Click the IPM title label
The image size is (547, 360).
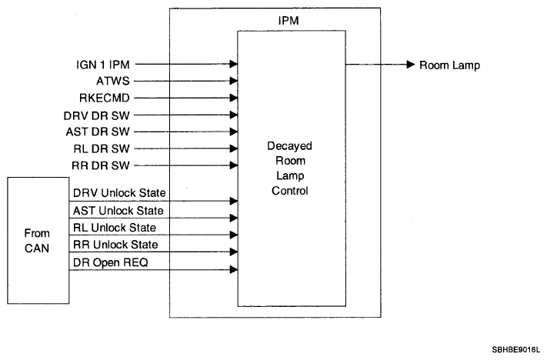tap(289, 21)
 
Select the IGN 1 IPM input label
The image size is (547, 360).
tap(103, 65)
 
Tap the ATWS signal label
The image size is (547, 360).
tap(112, 81)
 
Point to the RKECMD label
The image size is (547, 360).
tap(105, 98)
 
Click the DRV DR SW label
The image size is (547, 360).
tap(97, 115)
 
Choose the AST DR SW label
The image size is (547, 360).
tap(98, 132)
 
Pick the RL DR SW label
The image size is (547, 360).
tap(102, 149)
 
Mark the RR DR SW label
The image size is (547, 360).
tap(101, 165)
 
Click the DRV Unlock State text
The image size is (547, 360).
tap(119, 193)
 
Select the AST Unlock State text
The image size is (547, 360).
tap(118, 211)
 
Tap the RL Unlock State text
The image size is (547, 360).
tap(115, 228)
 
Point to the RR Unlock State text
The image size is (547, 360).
tap(115, 245)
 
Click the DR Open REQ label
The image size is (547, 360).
tap(111, 262)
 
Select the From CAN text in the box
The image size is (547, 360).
tap(37, 241)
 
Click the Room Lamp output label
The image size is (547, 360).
tap(449, 65)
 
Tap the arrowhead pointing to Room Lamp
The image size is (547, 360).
tap(411, 65)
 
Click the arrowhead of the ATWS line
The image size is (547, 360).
tap(234, 81)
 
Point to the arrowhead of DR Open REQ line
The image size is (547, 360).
tap(234, 270)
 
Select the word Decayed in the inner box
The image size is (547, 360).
tap(289, 146)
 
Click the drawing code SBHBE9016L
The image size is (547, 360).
tap(515, 350)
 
